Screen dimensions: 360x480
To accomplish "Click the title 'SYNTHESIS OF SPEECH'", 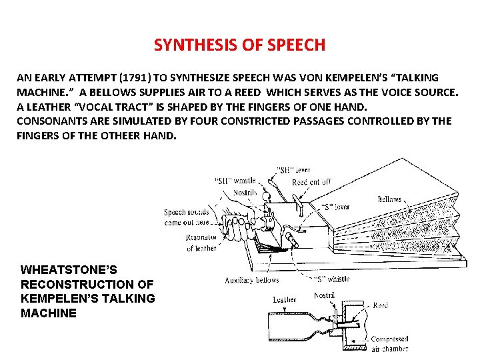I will (239, 45).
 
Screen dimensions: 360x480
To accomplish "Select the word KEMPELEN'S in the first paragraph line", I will (353, 77).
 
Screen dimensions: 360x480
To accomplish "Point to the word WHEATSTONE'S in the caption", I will (69, 270).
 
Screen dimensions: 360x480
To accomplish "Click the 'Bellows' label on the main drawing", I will (389, 199).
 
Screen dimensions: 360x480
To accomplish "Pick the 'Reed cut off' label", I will (311, 182).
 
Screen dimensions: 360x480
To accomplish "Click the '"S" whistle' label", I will (331, 279).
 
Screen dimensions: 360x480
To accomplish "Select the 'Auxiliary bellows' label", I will (252, 280).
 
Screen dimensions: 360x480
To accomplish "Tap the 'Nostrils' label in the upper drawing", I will (245, 193).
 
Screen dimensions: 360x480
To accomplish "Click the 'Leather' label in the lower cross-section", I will (285, 299).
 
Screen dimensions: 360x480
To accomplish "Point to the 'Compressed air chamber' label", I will (389, 344).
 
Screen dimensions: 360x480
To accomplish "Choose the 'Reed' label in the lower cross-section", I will (380, 305).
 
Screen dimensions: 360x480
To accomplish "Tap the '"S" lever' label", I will (337, 207).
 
